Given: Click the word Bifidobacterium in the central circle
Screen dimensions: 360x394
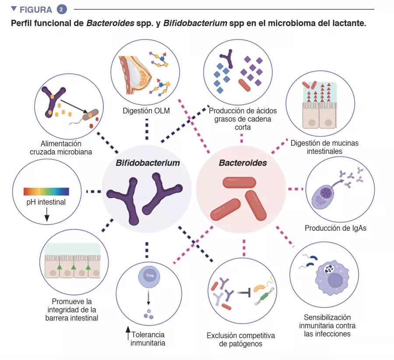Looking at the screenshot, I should pyautogui.click(x=148, y=163).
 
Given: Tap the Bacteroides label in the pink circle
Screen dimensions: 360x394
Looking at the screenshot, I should pyautogui.click(x=243, y=163).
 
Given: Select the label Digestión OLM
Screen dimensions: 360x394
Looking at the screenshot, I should pyautogui.click(x=146, y=111).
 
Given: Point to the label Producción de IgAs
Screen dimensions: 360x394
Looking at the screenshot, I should pyautogui.click(x=335, y=228).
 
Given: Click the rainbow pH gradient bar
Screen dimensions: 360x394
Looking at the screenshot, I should pyautogui.click(x=46, y=191).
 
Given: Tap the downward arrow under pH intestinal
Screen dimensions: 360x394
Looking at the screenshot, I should pyautogui.click(x=47, y=214).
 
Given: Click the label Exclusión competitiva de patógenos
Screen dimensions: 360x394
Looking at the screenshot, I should pyautogui.click(x=241, y=340).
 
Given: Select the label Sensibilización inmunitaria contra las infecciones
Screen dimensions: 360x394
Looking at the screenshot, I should pyautogui.click(x=327, y=325).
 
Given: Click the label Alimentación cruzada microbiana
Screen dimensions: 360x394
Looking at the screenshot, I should pyautogui.click(x=61, y=148).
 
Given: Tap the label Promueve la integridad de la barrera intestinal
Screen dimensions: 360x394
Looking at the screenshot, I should pyautogui.click(x=72, y=310).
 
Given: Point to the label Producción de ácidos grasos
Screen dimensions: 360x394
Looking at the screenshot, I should pyautogui.click(x=243, y=119).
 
